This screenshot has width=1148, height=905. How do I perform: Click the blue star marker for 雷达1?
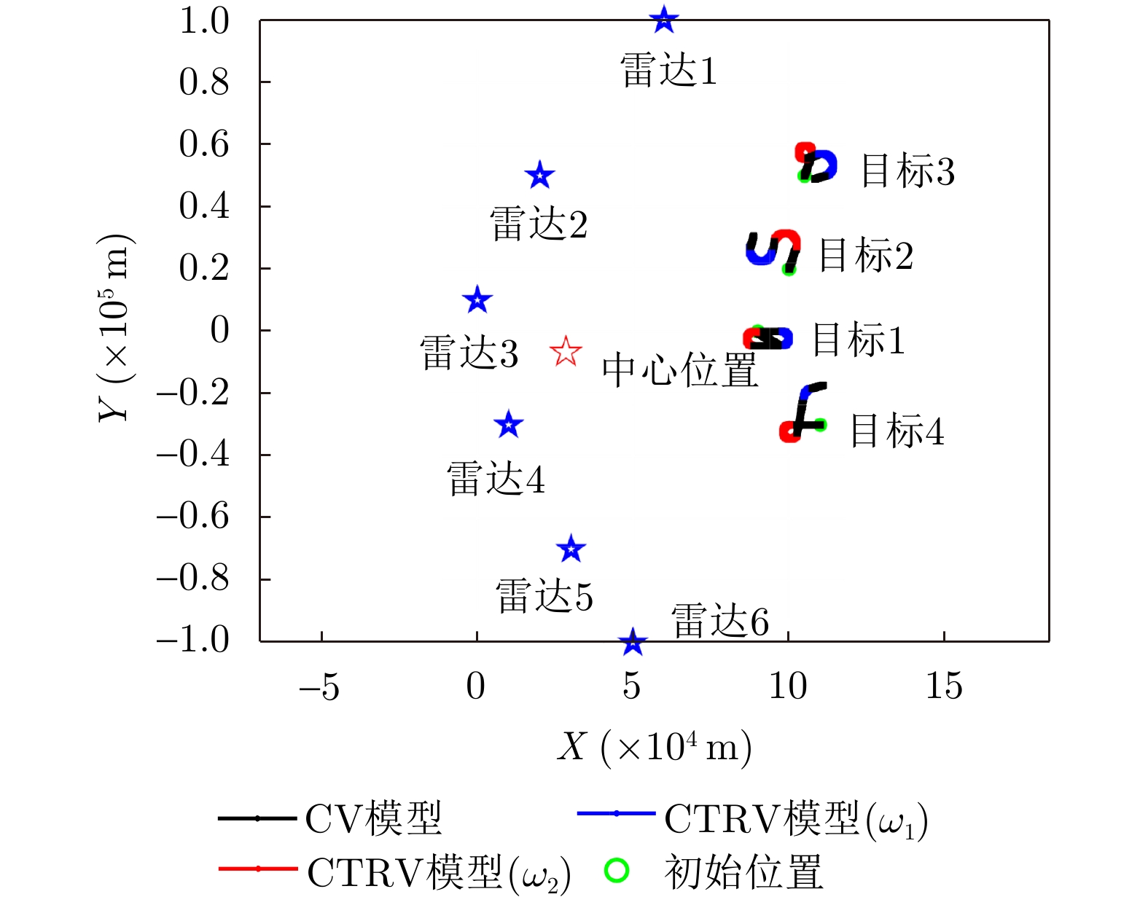pyautogui.click(x=663, y=20)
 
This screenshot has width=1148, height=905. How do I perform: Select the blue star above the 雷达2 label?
pyautogui.click(x=539, y=176)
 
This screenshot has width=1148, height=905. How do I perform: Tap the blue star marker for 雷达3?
pyautogui.click(x=477, y=299)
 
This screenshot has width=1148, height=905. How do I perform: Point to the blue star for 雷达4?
pyautogui.click(x=509, y=424)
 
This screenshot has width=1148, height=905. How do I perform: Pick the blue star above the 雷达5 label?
pyautogui.click(x=571, y=549)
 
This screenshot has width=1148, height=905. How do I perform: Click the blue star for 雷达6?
pyautogui.click(x=633, y=642)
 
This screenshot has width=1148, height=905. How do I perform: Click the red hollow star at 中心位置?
pyautogui.click(x=566, y=352)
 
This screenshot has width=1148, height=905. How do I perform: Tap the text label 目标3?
pyautogui.click(x=907, y=171)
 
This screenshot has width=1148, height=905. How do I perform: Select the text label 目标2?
pyautogui.click(x=866, y=256)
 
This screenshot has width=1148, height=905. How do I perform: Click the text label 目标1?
pyautogui.click(x=858, y=340)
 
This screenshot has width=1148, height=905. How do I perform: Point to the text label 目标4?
pyautogui.click(x=897, y=431)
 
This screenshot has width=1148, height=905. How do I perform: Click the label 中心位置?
pyautogui.click(x=679, y=370)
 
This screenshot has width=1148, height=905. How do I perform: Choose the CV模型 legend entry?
pyautogui.click(x=331, y=818)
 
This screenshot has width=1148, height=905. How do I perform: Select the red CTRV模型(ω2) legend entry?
pyautogui.click(x=394, y=872)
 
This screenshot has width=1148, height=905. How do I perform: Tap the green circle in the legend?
pyautogui.click(x=617, y=870)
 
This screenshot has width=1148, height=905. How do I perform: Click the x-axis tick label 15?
pyautogui.click(x=944, y=686)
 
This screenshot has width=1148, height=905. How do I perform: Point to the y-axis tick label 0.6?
pyautogui.click(x=204, y=144)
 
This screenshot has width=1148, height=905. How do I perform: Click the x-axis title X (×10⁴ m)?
pyautogui.click(x=654, y=747)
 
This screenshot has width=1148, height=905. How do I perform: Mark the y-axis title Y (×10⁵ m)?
pyautogui.click(x=115, y=328)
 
